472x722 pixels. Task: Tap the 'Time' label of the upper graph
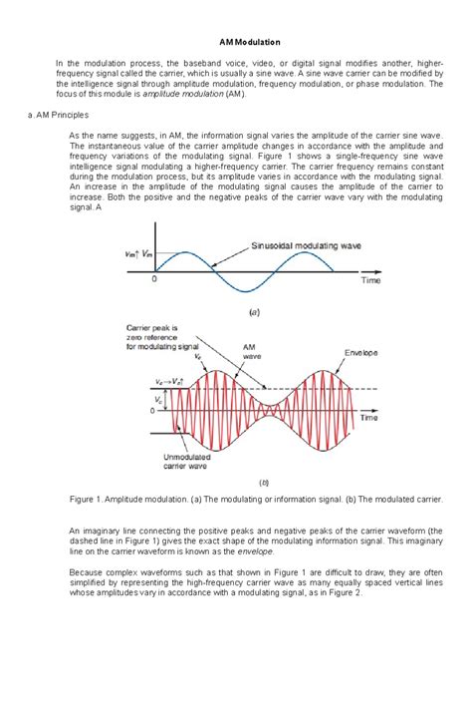pos(370,281)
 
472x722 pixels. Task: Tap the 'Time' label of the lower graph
pos(369,419)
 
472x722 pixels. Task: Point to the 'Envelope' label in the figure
pos(360,352)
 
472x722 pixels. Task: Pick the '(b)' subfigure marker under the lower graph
pos(264,482)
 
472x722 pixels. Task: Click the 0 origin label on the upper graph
pos(154,280)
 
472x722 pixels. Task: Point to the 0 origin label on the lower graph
pos(152,411)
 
